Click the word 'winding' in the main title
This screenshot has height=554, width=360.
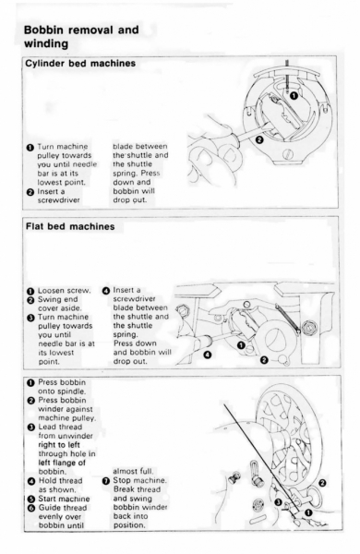click(46, 43)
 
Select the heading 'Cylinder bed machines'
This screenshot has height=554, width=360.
click(80, 64)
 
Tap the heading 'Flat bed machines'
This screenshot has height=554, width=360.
click(70, 226)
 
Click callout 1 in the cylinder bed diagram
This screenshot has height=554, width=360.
click(294, 95)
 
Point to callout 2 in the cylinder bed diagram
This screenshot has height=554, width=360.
click(259, 140)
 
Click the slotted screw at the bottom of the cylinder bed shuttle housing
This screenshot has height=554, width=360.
click(288, 154)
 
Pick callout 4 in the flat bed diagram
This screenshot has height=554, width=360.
click(208, 354)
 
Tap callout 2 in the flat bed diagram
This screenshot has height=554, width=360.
click(264, 360)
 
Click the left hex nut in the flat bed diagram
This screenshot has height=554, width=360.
click(182, 310)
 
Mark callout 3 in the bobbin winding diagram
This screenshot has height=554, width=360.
click(278, 502)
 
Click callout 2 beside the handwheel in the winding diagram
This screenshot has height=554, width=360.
click(322, 483)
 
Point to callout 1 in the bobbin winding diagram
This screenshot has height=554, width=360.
click(308, 512)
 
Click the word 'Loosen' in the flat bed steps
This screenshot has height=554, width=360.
click(50, 291)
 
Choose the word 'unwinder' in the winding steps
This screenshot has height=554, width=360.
click(76, 436)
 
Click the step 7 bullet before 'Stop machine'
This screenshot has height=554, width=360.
click(106, 481)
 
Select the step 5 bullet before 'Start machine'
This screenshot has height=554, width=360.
click(31, 500)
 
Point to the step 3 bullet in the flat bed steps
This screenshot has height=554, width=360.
click(30, 318)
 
